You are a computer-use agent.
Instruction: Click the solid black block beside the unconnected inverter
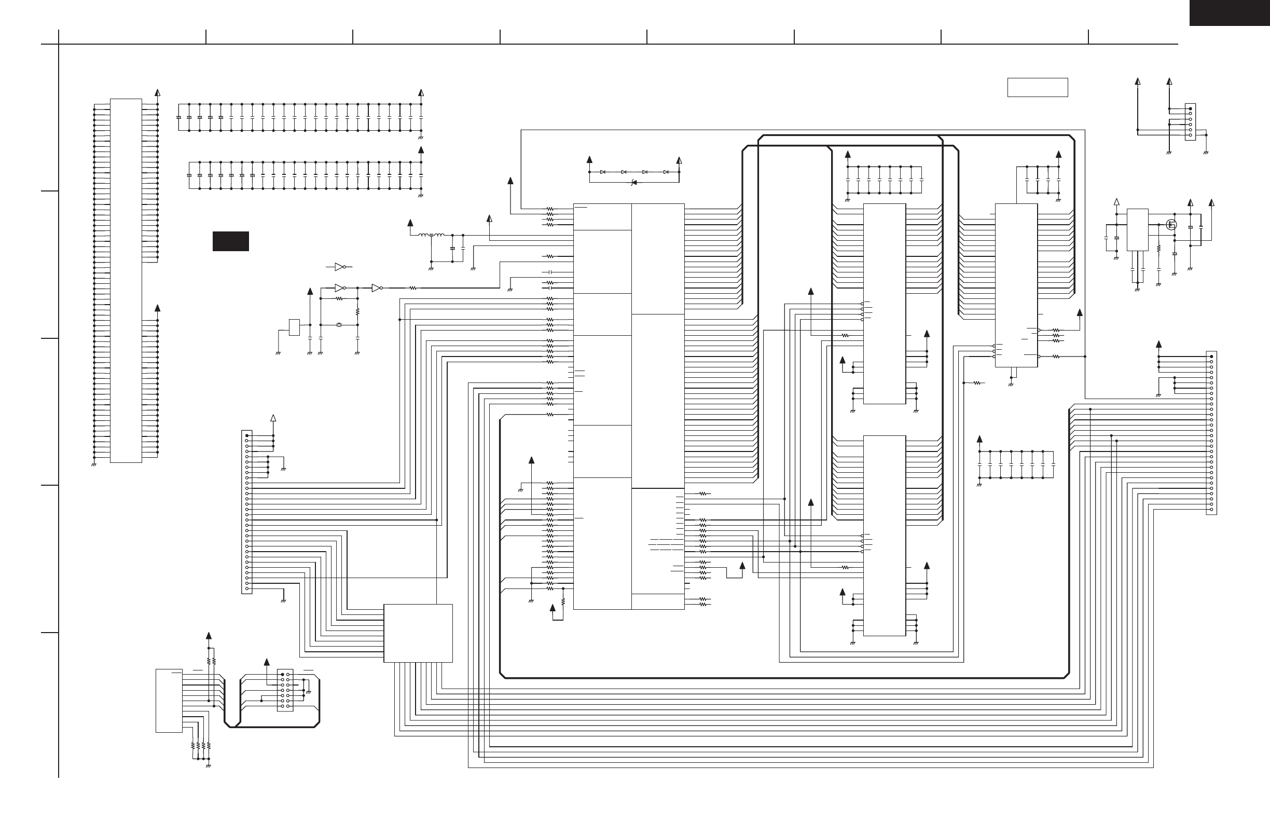230,241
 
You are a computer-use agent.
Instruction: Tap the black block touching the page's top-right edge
1229,13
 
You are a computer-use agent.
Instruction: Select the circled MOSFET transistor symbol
1172,225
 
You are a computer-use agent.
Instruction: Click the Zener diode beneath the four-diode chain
633,183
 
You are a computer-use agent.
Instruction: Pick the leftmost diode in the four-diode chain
602,172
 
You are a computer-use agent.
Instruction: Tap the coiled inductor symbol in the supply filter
431,235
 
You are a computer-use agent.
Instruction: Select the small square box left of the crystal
294,327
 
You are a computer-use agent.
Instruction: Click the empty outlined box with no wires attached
1038,87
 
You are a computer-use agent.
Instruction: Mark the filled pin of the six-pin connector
1190,109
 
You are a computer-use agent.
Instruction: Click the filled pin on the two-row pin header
282,675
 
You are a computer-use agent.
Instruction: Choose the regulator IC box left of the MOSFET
1137,229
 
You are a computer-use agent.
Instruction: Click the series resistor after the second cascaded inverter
412,288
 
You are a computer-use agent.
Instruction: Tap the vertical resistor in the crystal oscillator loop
357,311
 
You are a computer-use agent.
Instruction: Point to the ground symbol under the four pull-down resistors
208,765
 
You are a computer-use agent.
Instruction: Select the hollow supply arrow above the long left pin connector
273,418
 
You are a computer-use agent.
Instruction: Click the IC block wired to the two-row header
169,700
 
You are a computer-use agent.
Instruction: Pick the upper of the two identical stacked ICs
884,303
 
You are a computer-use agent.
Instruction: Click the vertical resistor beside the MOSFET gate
1158,249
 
